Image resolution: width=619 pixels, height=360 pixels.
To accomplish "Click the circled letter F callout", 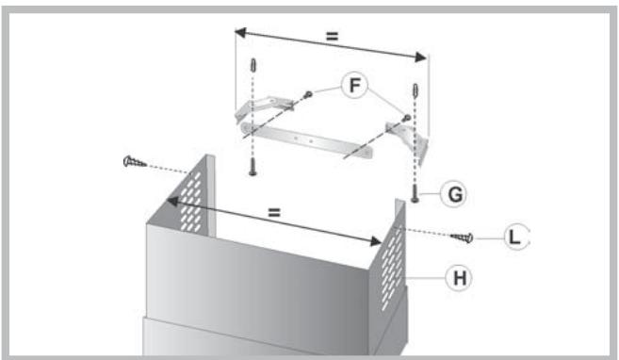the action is [354, 85].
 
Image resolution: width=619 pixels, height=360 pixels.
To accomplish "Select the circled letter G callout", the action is [454, 193].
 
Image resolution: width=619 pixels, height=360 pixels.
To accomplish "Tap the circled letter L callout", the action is [516, 237].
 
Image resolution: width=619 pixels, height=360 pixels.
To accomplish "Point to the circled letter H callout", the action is [459, 278].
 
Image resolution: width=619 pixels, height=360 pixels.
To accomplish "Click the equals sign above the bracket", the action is [332, 37].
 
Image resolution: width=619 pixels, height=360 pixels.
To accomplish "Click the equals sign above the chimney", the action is [274, 212].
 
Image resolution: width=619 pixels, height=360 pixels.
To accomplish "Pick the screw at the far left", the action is [135, 161].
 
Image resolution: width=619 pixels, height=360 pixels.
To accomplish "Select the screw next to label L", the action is [462, 237].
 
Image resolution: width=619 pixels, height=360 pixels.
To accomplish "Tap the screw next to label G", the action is [415, 192].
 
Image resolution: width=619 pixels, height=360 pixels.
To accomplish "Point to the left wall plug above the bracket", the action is [253, 65].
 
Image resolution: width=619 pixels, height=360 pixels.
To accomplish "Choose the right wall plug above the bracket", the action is [415, 90].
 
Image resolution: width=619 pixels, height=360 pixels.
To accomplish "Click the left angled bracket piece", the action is [264, 108].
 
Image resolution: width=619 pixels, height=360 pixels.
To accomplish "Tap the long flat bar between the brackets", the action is [306, 140].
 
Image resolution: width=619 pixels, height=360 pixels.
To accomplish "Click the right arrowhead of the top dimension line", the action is [420, 57].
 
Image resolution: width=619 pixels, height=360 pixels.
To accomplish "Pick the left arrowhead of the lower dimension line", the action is [172, 202].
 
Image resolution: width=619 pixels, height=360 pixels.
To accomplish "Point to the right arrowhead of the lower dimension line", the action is [375, 241].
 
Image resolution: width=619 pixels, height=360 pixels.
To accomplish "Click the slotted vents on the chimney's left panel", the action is [191, 202].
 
